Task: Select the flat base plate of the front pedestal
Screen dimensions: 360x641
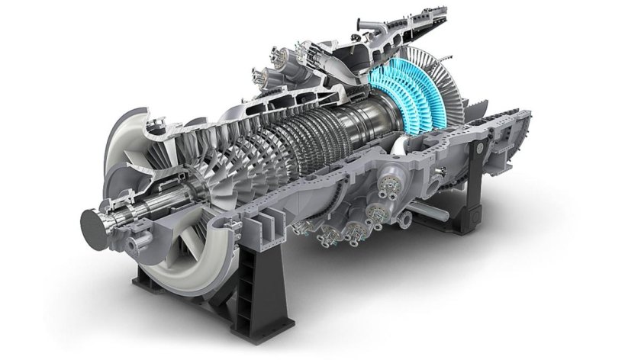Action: (229, 324)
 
